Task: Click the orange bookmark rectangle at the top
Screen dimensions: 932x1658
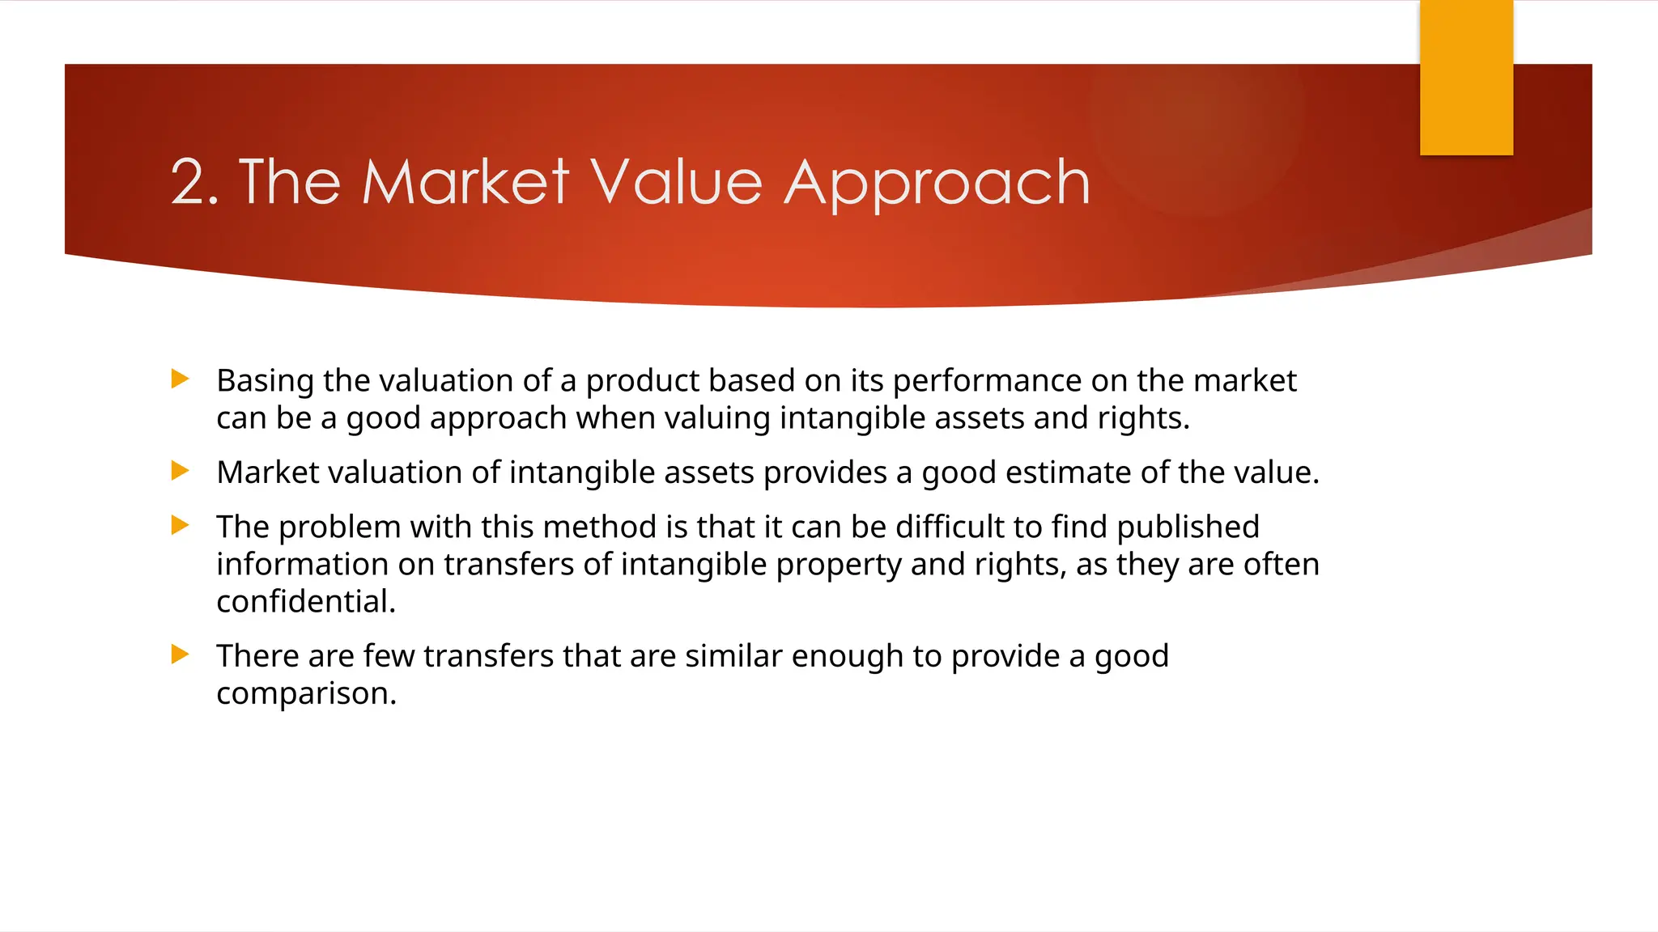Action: click(x=1466, y=78)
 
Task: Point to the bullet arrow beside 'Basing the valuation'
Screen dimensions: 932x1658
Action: click(x=181, y=379)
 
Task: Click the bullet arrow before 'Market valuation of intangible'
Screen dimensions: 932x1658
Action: click(x=181, y=471)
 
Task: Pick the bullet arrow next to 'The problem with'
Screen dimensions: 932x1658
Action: click(x=181, y=526)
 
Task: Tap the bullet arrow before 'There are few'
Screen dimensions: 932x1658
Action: click(x=181, y=655)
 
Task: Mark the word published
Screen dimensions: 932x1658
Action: click(x=1188, y=527)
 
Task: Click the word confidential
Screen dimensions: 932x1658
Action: click(x=305, y=602)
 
